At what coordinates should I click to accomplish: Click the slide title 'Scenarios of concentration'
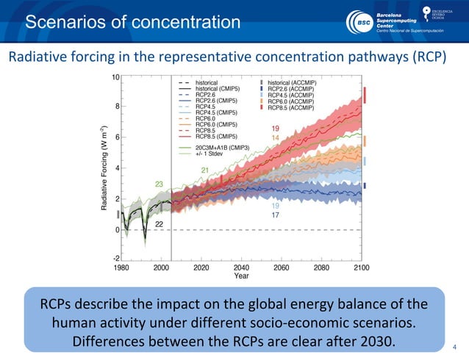coord(133,22)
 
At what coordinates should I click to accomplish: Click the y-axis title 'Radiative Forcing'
coord(107,168)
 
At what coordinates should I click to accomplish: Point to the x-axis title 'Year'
coord(241,276)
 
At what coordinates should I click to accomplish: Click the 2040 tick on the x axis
coord(241,267)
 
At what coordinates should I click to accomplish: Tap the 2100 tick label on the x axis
coord(361,267)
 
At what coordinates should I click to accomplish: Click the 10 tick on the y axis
coord(115,76)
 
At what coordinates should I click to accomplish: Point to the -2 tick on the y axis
coord(115,258)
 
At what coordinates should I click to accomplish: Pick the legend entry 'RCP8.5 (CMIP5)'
coord(216,135)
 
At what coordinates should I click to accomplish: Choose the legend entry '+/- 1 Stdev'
coord(210,153)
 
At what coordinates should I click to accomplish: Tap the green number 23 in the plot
coord(159,183)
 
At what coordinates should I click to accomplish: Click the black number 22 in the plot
coord(159,223)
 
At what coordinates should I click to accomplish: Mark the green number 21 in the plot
coord(205,170)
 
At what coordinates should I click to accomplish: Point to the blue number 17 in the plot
coord(276,215)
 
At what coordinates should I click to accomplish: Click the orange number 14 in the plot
coord(276,137)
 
